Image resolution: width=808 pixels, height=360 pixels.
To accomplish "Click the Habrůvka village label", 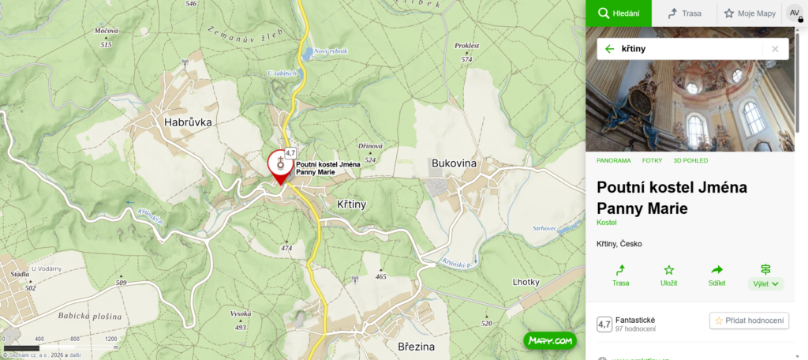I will [189, 122].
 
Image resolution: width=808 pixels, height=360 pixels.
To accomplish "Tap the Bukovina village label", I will [454, 163].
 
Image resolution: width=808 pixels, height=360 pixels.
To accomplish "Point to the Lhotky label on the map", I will [526, 282].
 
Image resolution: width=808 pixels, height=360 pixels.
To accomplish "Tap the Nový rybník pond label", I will [331, 51].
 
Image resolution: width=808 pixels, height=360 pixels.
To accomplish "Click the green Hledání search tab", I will [618, 13].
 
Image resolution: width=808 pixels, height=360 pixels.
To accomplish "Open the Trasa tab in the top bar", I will [684, 13].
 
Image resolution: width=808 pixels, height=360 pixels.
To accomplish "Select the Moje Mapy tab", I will [750, 13].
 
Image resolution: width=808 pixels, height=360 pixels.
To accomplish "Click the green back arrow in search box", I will [609, 49].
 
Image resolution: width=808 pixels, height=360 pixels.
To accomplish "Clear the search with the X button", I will [775, 49].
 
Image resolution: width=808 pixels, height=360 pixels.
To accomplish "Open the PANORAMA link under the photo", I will [614, 160].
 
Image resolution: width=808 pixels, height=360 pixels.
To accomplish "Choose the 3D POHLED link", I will [690, 160].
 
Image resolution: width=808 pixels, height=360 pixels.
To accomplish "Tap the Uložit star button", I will [669, 275].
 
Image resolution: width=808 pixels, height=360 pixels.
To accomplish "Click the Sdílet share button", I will [717, 275].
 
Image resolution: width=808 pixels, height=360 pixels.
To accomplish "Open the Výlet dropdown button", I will [765, 276].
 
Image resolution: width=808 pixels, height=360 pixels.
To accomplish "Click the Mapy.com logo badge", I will [550, 341].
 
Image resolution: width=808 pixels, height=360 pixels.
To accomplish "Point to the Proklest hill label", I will [467, 46].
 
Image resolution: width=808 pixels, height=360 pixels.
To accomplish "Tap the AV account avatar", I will [793, 13].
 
